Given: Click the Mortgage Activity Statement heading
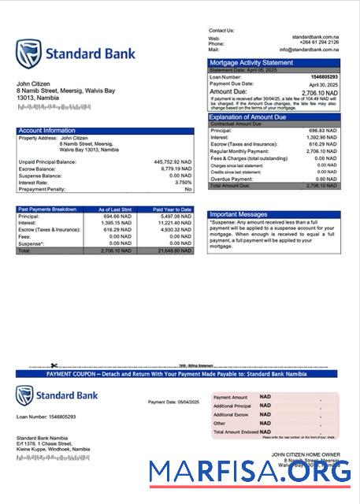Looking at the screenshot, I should pyautogui.click(x=251, y=62).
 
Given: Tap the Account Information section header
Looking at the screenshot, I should pyautogui.click(x=46, y=131).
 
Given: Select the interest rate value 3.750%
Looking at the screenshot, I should pyautogui.click(x=180, y=182).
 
